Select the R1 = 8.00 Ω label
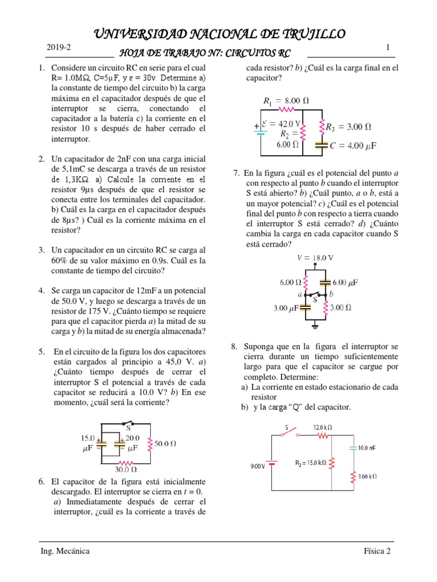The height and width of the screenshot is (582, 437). [286, 101]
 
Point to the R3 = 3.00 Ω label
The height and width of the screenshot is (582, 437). [349, 126]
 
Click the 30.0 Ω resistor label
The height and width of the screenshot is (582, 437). [126, 469]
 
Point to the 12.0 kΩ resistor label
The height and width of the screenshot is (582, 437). [323, 427]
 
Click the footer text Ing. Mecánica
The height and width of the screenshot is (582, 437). [65, 551]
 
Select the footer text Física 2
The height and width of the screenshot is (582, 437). [378, 551]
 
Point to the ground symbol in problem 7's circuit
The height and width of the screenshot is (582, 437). [315, 325]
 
